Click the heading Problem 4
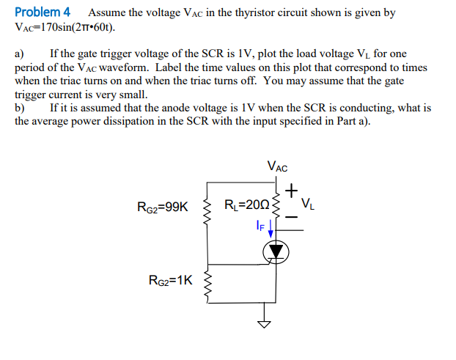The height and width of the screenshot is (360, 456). (x=43, y=12)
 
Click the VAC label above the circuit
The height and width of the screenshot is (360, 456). (x=277, y=166)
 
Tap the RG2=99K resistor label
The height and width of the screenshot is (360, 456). (x=162, y=207)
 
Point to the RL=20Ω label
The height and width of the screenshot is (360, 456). (x=246, y=205)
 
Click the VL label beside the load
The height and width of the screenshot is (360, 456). (x=309, y=203)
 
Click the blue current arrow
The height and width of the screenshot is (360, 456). (x=272, y=231)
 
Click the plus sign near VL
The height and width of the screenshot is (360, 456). (x=292, y=191)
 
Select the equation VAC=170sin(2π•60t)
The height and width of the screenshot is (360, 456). (x=65, y=27)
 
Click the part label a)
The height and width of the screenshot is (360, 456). (x=20, y=54)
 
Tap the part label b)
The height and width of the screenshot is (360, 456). (x=20, y=108)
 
